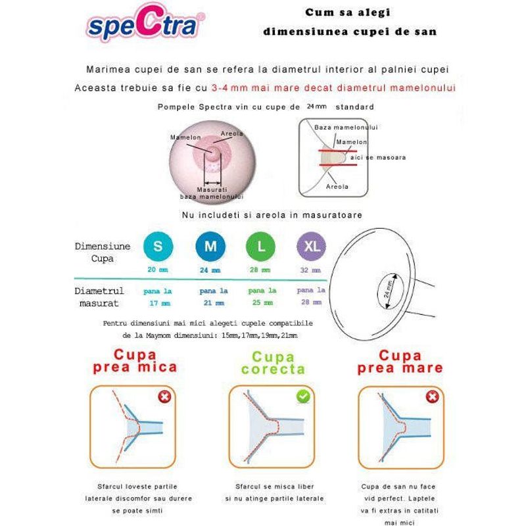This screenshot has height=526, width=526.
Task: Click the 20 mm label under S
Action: click(x=158, y=270)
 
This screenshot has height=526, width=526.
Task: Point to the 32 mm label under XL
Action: click(x=311, y=270)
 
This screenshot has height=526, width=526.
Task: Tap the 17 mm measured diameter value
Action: click(x=158, y=303)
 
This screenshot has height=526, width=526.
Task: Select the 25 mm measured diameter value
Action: click(x=261, y=303)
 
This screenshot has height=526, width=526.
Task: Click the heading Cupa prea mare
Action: click(x=400, y=361)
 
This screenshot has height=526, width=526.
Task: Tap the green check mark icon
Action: click(x=303, y=396)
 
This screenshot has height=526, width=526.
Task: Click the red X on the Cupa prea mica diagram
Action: click(x=165, y=396)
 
